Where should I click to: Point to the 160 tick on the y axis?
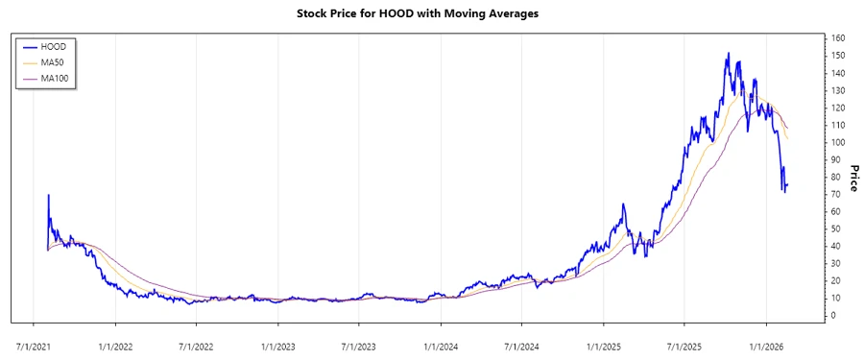(x=837, y=38)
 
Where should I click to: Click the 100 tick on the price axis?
(x=837, y=142)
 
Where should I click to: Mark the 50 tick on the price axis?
(x=835, y=228)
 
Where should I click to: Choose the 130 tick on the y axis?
(x=837, y=90)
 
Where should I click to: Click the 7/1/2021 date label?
(x=34, y=341)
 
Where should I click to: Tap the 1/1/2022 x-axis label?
(x=115, y=341)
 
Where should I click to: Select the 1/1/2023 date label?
(x=277, y=341)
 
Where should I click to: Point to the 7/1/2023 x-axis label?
(x=358, y=341)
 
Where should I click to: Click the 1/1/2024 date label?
(x=440, y=341)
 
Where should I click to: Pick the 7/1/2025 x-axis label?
(x=684, y=341)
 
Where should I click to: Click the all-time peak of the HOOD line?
(x=728, y=54)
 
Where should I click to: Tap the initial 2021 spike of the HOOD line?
(x=48, y=195)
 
